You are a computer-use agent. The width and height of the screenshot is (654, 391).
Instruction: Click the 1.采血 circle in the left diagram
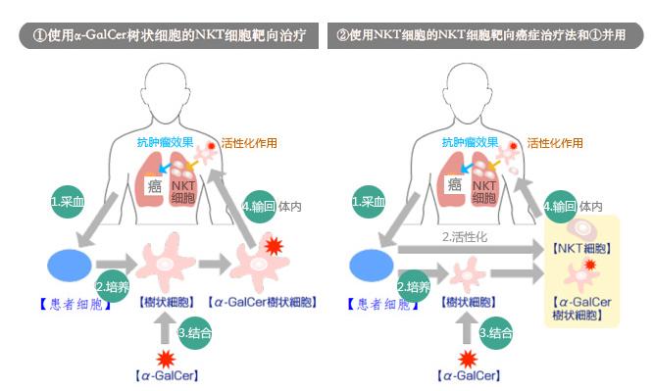[68, 202]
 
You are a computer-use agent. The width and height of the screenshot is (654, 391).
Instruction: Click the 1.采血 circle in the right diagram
[370, 202]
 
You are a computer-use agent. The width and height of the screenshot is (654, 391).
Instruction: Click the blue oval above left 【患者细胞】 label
[69, 265]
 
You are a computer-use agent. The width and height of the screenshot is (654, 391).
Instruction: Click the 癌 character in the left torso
[154, 185]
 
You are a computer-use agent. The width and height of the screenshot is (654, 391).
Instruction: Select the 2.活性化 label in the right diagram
[465, 237]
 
